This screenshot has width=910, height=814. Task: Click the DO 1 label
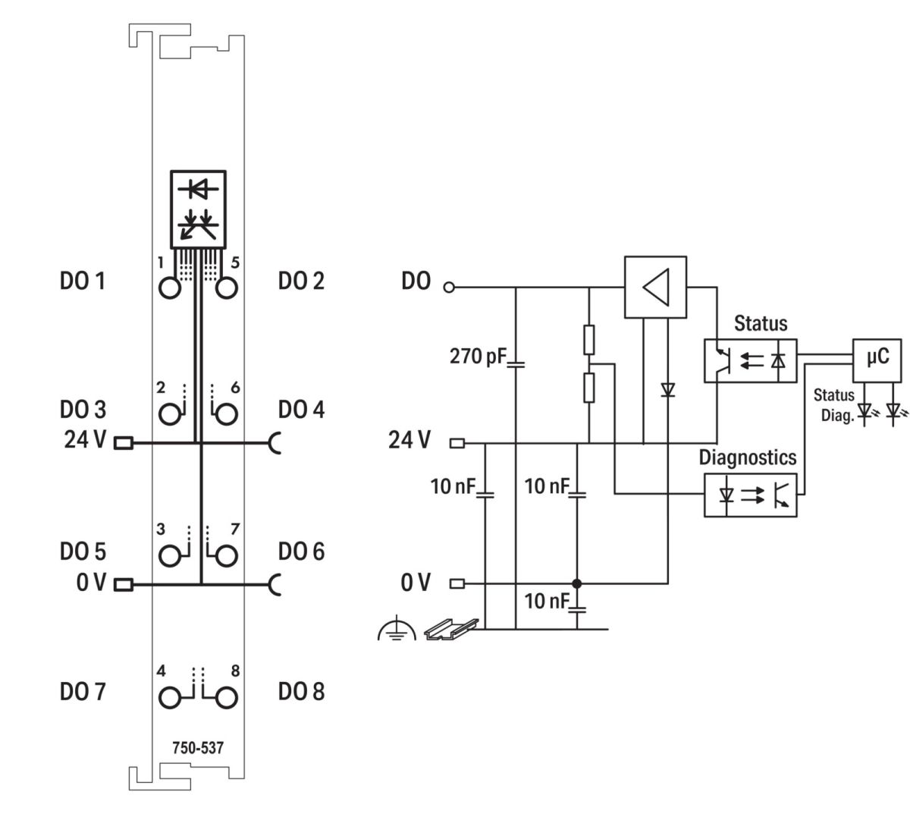tap(82, 281)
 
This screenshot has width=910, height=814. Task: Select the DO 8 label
tap(301, 692)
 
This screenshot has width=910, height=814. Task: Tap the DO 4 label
tap(301, 410)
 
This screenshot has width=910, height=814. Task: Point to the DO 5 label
tap(82, 552)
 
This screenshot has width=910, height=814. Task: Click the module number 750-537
tap(198, 748)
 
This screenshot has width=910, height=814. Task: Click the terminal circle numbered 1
tap(170, 288)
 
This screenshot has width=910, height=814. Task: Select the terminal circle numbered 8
tap(227, 696)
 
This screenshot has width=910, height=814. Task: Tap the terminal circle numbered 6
tap(227, 414)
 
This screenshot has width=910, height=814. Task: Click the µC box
tap(877, 357)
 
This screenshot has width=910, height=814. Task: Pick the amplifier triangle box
tap(654, 287)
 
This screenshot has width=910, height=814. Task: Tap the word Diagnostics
tap(747, 457)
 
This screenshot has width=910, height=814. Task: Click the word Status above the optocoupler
tap(761, 324)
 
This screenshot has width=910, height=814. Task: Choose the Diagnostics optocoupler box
tap(750, 495)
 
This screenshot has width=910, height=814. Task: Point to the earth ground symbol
tap(396, 629)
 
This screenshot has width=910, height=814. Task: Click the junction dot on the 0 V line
tap(576, 583)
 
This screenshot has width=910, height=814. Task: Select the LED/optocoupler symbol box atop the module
tap(198, 208)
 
